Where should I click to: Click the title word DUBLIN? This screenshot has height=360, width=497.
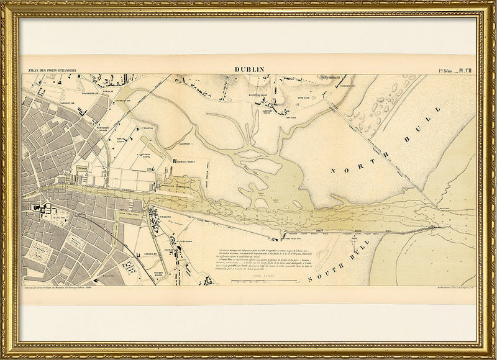click(x=250, y=70)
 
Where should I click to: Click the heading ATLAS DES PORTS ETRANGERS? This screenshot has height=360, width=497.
click(x=48, y=71)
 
